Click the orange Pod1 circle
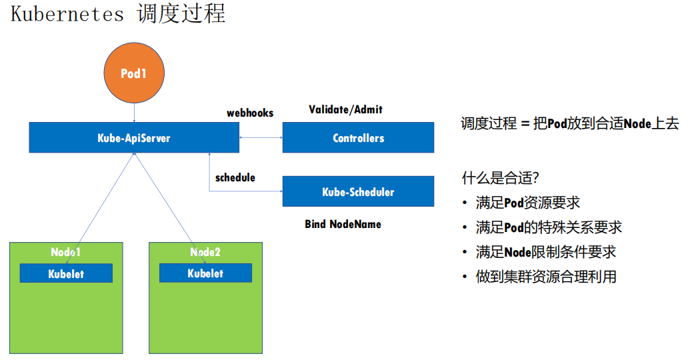[133, 74]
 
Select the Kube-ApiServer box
[134, 138]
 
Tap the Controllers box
[358, 138]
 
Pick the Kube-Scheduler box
[358, 192]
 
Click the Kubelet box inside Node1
[66, 273]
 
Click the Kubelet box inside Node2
[205, 273]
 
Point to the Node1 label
[66, 252]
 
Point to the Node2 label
[205, 252]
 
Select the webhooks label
[250, 113]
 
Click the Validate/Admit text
[345, 109]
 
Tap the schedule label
[235, 177]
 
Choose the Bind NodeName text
[343, 224]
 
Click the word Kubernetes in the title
[67, 14]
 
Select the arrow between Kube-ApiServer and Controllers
[261, 138]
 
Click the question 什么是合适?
[500, 178]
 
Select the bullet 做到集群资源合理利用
[546, 277]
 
